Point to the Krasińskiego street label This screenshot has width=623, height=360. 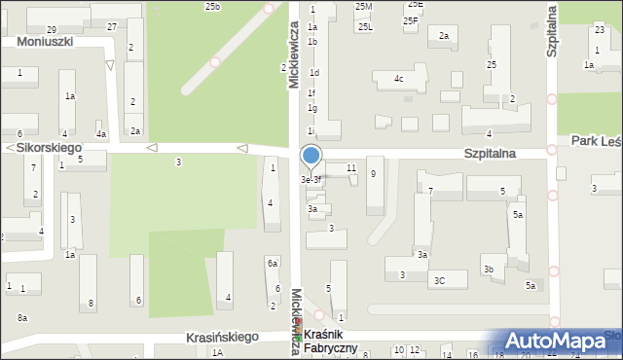[222, 337]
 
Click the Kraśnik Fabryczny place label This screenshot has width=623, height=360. [331, 342]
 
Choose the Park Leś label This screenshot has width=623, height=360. [597, 142]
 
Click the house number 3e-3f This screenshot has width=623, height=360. [311, 180]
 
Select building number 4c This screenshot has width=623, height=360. [398, 78]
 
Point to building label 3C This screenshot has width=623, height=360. [439, 280]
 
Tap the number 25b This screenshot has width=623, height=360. [212, 7]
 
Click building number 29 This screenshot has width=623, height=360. [51, 30]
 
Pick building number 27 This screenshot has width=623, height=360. [112, 26]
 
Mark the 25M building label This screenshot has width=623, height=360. [363, 7]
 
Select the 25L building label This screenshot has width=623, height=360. [365, 27]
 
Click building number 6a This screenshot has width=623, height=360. [273, 264]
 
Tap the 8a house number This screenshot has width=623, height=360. [22, 318]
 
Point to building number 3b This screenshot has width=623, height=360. [489, 270]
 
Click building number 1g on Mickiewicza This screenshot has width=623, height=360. [312, 108]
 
